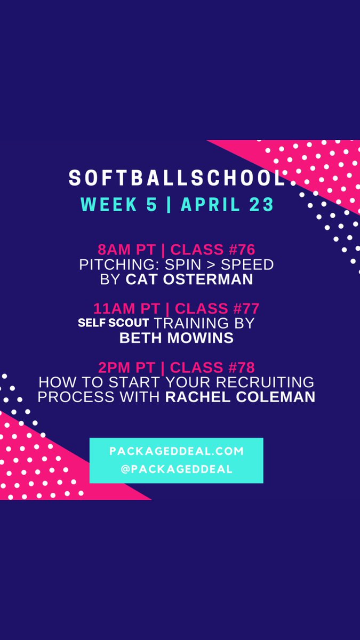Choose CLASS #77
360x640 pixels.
click(x=217, y=308)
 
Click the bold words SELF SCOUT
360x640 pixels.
click(x=114, y=323)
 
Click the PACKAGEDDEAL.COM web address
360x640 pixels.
click(x=177, y=451)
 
